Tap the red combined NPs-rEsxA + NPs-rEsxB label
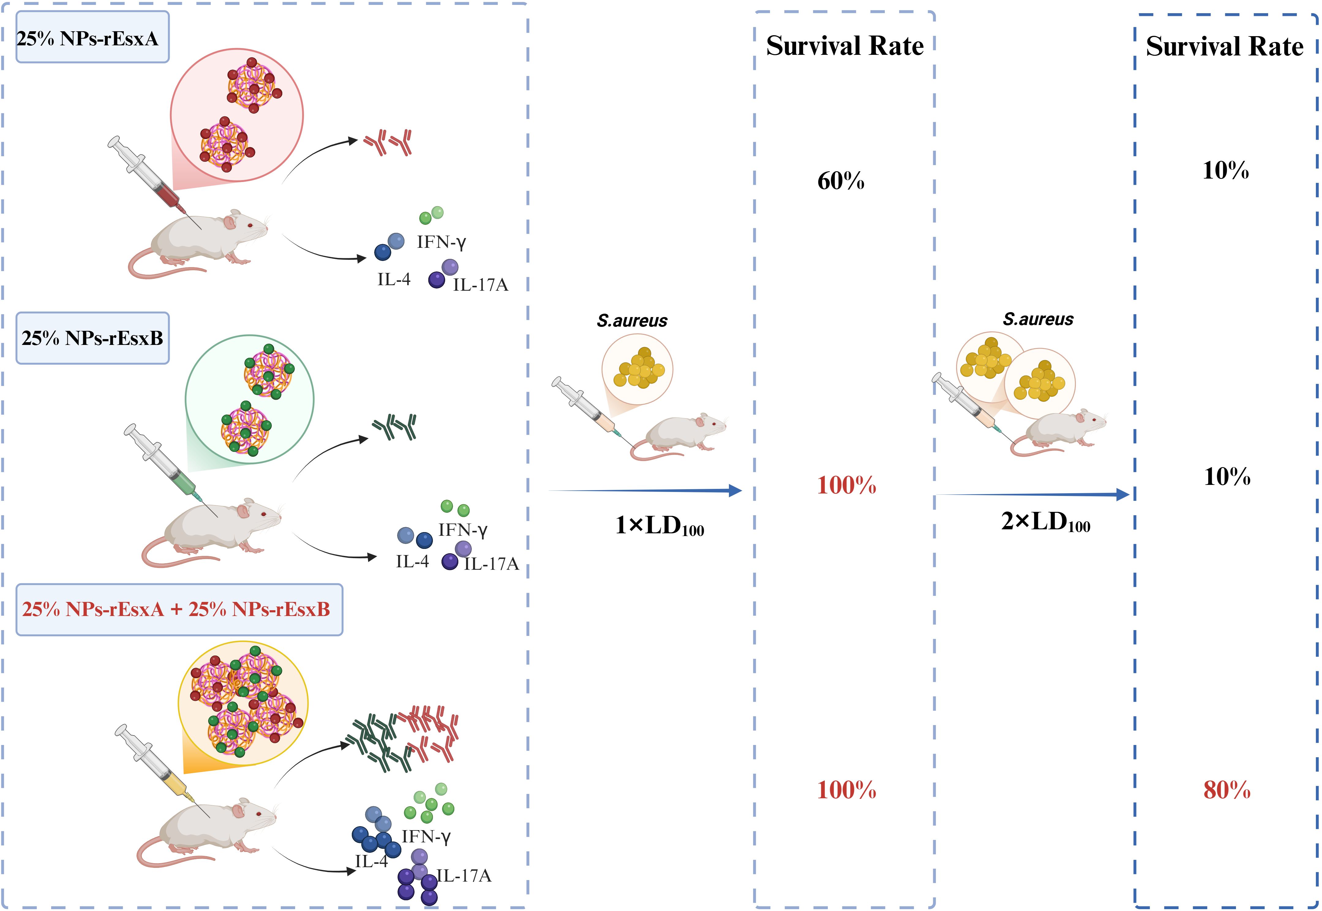click(x=178, y=610)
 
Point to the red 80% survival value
click(x=1227, y=790)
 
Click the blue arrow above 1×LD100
click(x=645, y=490)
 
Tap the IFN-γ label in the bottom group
click(x=426, y=837)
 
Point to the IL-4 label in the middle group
click(x=412, y=562)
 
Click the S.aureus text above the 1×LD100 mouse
click(x=632, y=321)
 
